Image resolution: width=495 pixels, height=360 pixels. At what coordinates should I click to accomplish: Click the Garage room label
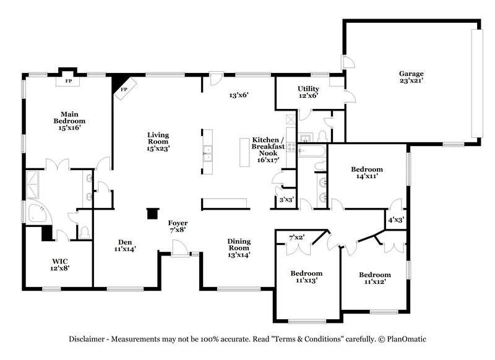(x=410, y=77)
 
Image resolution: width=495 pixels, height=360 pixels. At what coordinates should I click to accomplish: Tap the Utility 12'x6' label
(x=308, y=92)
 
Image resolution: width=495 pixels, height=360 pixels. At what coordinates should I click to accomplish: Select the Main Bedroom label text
(x=69, y=124)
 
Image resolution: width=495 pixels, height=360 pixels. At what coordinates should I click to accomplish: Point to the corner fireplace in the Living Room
(x=124, y=88)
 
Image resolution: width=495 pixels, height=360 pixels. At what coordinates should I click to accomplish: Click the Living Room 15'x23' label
(x=158, y=142)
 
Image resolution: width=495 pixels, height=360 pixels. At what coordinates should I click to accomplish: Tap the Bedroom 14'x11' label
(x=366, y=173)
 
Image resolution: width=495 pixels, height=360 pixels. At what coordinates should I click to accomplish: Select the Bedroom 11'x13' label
(x=306, y=277)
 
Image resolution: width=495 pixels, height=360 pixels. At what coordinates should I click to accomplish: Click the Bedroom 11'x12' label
(x=374, y=278)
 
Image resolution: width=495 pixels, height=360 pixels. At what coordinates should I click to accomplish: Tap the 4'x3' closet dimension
(x=395, y=220)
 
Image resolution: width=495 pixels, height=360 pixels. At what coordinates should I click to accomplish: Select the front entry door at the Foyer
(x=179, y=249)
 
